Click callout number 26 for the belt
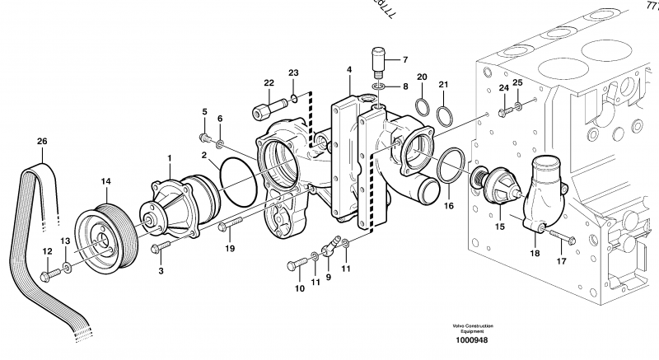(41, 141)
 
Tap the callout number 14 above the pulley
(105, 180)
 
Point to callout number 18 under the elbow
(535, 255)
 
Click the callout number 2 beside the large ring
(203, 154)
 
